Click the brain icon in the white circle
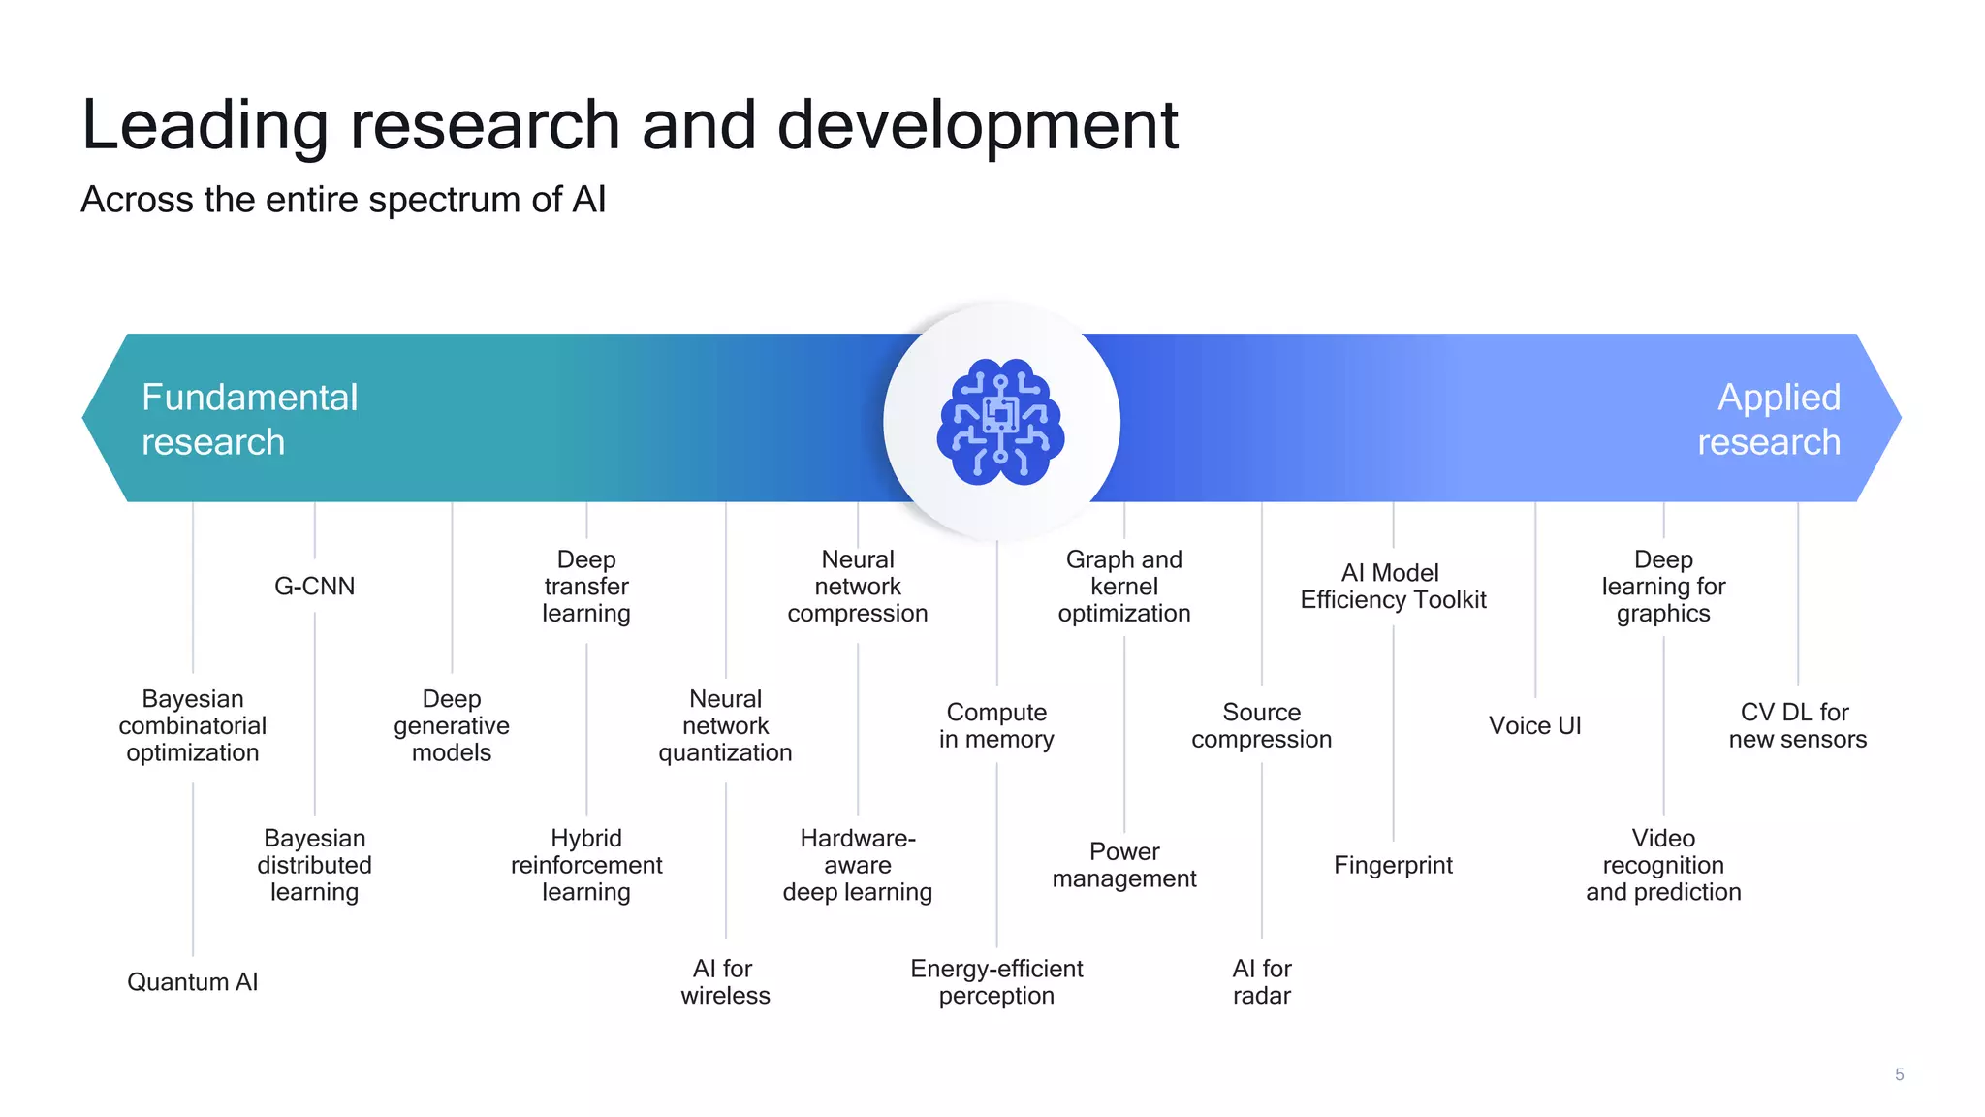1000,422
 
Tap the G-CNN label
314,587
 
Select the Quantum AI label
192,982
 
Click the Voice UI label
1534,726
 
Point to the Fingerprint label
1393,865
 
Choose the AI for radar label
1261,982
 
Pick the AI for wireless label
725,982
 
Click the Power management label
1124,865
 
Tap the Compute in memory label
996,726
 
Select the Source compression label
1261,726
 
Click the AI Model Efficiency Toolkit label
1393,587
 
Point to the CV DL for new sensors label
1797,726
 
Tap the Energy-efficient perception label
996,982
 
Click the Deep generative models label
452,726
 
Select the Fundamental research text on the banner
249,419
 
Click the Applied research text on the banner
1769,419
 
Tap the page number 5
1899,1074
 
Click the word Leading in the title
205,126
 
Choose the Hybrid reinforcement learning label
586,865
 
